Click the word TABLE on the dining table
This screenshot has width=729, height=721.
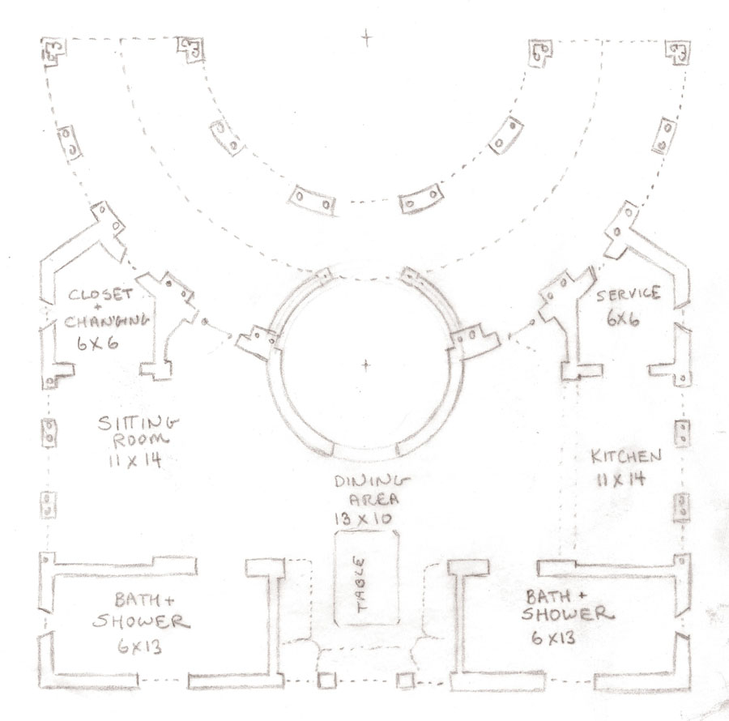361,583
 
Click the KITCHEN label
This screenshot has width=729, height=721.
625,456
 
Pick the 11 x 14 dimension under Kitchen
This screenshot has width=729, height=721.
622,478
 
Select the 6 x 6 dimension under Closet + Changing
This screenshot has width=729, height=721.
96,343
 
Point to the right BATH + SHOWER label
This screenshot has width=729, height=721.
561,604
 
